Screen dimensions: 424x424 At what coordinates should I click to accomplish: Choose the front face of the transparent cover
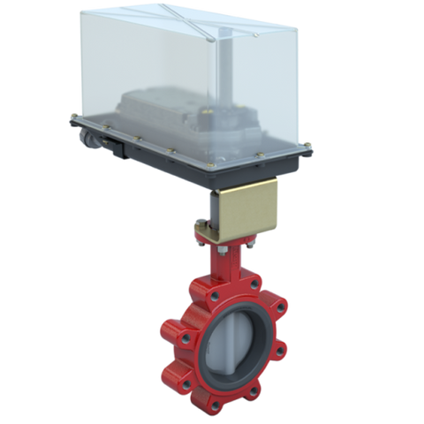click(177, 79)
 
